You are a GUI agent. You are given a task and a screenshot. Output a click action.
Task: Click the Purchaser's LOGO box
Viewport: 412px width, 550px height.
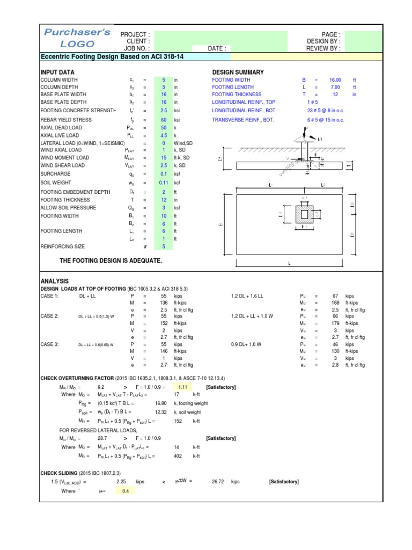77,38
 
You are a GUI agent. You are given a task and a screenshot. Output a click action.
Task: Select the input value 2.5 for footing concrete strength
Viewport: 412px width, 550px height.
163,110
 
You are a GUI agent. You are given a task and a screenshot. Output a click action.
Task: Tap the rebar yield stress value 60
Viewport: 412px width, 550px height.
163,119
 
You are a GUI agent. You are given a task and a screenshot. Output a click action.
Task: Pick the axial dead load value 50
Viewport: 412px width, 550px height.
163,128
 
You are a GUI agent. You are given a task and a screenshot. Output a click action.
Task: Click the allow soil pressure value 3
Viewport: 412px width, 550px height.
163,207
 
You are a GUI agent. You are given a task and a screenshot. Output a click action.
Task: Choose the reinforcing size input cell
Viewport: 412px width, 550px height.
163,247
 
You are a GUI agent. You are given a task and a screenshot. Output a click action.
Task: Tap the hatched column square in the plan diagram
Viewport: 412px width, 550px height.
304,214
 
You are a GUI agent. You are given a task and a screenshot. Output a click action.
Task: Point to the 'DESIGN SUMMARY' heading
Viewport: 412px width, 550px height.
238,72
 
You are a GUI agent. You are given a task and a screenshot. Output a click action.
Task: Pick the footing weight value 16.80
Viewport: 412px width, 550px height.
161,402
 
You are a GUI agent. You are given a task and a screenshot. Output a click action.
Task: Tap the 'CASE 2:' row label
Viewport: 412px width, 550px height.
50,316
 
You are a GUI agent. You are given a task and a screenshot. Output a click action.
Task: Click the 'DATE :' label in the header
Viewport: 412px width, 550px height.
217,48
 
